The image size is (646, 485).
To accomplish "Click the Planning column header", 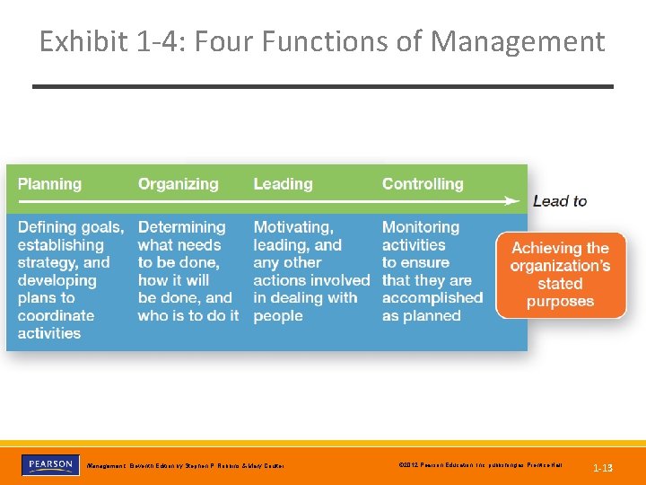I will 49,184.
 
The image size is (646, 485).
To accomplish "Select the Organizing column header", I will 178,184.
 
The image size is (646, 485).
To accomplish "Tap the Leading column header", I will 283,184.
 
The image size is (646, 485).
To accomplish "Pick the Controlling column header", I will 423,184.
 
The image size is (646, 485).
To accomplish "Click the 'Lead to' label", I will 560,201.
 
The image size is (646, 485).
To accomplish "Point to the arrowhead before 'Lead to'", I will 512,200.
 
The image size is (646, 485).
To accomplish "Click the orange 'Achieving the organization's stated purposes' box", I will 561,275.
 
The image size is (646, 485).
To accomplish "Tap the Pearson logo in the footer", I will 49,465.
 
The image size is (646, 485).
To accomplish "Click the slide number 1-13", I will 603,468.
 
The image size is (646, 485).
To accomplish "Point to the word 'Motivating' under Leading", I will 292,227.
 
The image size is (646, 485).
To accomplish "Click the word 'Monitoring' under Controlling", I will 420,227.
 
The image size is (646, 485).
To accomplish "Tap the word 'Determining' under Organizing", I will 181,227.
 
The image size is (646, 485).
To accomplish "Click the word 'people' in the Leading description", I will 277,316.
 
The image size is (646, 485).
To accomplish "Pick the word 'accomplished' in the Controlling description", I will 432,298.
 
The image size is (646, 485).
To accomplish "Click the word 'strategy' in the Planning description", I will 49,263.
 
